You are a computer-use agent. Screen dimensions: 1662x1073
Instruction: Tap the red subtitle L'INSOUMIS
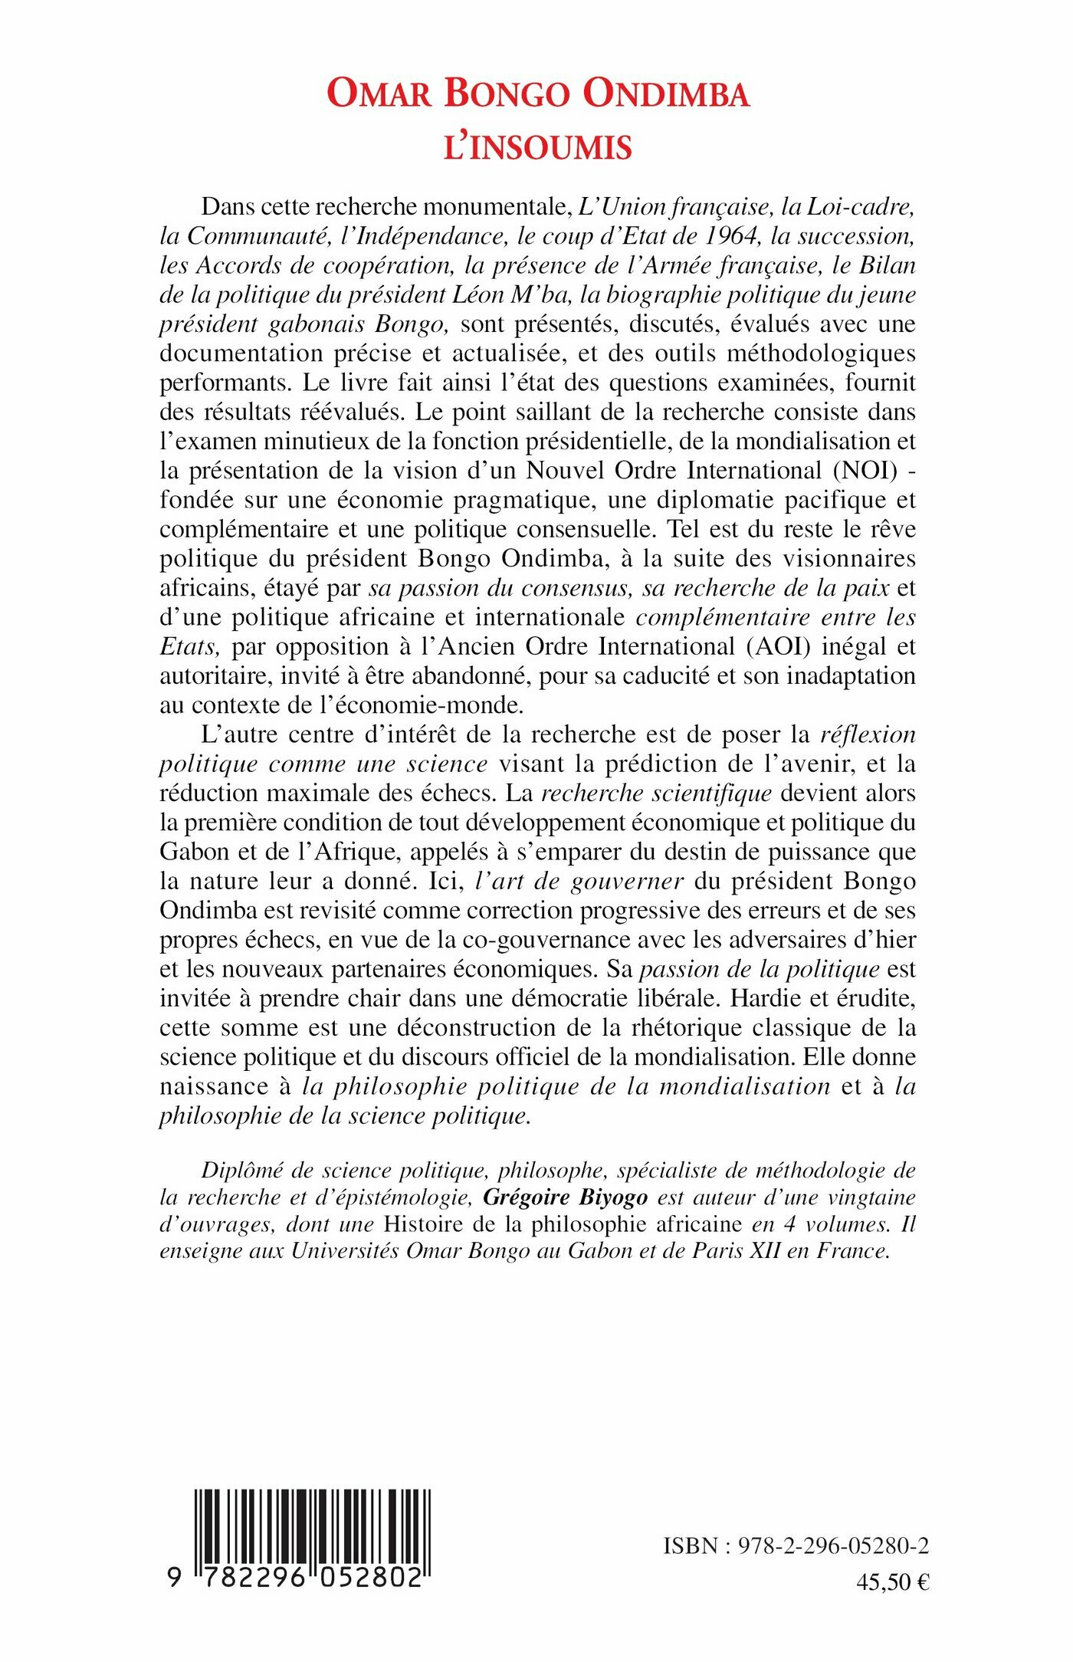(x=538, y=147)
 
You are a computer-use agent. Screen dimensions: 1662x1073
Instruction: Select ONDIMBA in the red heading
(x=665, y=94)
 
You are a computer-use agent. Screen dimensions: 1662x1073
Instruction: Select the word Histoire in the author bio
(x=425, y=1224)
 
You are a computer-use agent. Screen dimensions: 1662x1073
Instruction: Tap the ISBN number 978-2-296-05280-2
(x=833, y=1546)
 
